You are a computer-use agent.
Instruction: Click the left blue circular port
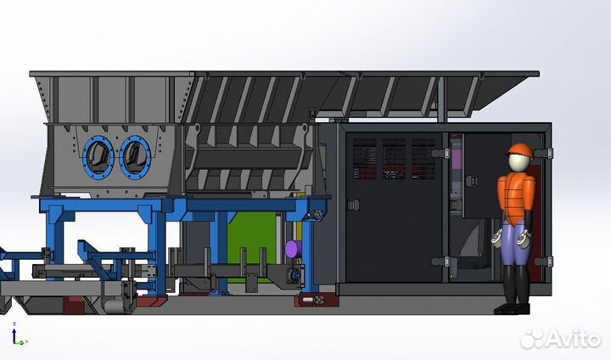tap(98, 155)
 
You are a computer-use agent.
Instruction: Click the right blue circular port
tap(134, 155)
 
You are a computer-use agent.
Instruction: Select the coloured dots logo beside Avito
tap(531, 339)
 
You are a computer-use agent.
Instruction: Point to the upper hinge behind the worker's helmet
tap(547, 153)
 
